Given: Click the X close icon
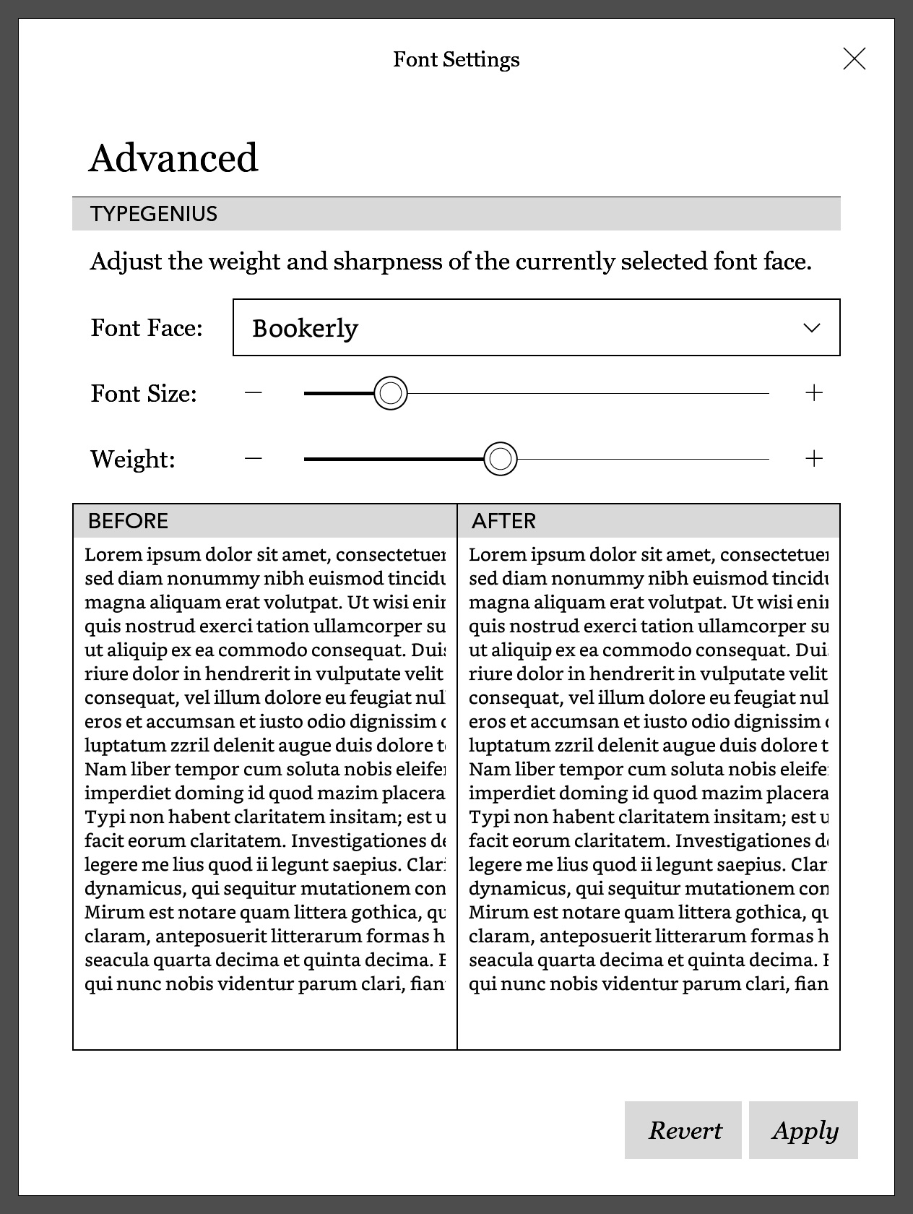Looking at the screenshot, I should pos(854,59).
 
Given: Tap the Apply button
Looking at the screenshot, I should pos(803,1130).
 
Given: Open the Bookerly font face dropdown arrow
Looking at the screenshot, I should pos(812,328).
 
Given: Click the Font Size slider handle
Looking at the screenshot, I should pos(391,393).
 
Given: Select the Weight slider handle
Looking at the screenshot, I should pos(501,459).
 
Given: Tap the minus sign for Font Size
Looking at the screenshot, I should pos(253,393).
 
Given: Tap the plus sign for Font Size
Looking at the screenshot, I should pos(814,393).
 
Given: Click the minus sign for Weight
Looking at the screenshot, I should pos(253,459).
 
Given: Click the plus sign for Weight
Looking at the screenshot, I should pos(814,459).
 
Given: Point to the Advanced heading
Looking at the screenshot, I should pos(173,158).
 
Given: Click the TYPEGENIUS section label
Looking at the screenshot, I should pos(154,214).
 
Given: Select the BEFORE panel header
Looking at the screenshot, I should pos(128,521).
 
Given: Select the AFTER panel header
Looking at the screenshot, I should pos(503,521).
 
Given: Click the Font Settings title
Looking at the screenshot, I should pos(456,59).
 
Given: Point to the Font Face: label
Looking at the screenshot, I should pos(147,328).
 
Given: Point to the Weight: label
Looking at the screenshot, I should pos(133,459).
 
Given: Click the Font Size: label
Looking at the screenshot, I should pos(144,394).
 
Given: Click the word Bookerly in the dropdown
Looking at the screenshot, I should pos(305,329).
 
